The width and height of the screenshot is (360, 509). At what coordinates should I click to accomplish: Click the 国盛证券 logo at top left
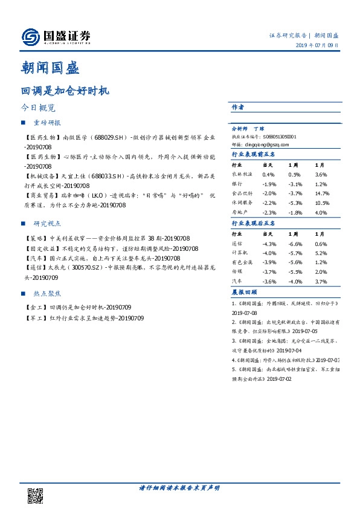pos(56,36)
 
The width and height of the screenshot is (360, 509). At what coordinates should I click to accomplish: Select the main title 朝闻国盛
pos(50,68)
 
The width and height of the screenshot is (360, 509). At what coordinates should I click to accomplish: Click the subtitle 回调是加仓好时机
pos(65,91)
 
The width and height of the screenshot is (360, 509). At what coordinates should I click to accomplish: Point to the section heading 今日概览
pos(38,108)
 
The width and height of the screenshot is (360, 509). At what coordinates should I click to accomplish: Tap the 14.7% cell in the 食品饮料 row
pos(321,193)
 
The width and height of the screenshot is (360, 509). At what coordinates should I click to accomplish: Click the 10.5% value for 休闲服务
pos(321,203)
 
